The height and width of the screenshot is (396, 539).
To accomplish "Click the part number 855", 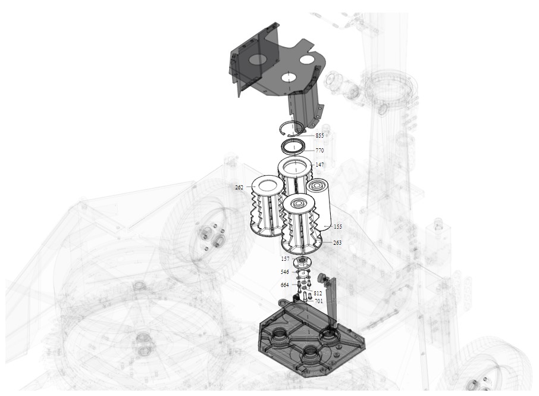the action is tap(319, 136).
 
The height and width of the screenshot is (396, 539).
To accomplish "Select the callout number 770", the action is tap(319, 150).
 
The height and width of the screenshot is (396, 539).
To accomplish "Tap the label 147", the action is tap(319, 165).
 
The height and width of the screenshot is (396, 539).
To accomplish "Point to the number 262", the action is tap(239, 188).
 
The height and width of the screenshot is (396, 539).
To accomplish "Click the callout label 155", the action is tap(337, 227).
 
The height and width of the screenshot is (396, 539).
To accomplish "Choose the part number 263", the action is tap(337, 243).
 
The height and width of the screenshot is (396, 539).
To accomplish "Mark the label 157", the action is tap(286, 258).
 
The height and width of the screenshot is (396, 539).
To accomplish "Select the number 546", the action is tap(284, 272).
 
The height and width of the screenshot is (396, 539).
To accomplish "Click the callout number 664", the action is tap(284, 285).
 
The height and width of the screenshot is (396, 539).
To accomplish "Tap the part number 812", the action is tap(318, 294).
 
